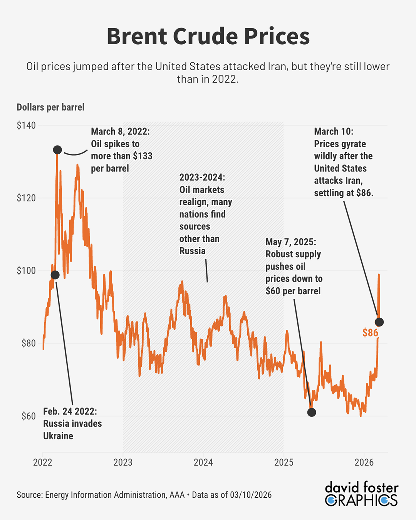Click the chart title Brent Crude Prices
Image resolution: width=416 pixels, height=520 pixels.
pos(208,36)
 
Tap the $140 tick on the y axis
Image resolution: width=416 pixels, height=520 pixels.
pos(26,125)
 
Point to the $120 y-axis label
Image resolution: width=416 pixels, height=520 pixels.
pos(26,198)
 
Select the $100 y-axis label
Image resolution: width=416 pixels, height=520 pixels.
pos(26,270)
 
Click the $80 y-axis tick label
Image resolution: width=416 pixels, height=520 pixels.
pos(28,343)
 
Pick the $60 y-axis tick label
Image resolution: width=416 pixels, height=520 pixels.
pos(28,416)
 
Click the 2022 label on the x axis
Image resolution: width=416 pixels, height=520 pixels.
pos(42,462)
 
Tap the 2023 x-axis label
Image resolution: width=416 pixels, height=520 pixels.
pos(123,462)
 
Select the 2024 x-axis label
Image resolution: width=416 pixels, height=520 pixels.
pos(203,462)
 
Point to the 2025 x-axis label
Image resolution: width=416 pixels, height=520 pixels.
pos(284,462)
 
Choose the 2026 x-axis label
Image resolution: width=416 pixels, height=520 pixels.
pos(364,462)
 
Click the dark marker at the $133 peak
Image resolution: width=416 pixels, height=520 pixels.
pos(57,150)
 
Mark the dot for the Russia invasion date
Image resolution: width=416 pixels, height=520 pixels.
pos(55,275)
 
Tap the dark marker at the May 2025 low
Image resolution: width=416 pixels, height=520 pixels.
pos(312,412)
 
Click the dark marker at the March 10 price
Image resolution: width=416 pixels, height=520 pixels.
pos(379,322)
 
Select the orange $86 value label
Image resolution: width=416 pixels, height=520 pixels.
pos(370,333)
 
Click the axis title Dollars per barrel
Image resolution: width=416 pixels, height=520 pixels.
pos(50,107)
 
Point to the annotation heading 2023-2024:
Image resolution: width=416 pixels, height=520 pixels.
pos(202,178)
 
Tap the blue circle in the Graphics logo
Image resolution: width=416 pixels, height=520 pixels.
pos(331,500)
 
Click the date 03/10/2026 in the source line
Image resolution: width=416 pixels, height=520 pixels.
pos(251,495)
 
